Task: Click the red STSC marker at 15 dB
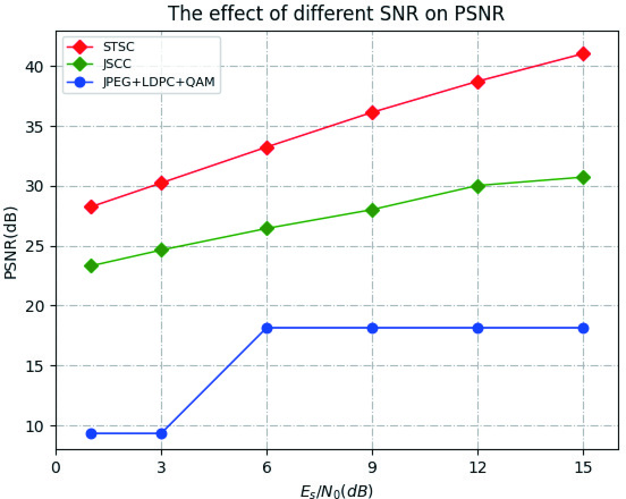(583, 54)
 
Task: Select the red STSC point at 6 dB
(267, 148)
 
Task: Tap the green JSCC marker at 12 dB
(478, 186)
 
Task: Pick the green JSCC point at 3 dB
(161, 250)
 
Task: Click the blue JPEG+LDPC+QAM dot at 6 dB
(267, 328)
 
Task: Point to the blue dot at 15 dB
(583, 328)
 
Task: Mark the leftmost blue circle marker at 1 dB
(91, 434)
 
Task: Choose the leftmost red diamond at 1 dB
(91, 207)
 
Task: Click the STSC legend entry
(118, 47)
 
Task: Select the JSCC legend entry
(117, 64)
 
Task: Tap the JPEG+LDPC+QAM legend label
(159, 82)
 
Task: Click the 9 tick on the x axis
(372, 468)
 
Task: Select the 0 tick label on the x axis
(56, 468)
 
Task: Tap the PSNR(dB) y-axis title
(11, 243)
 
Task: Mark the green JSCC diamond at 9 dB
(372, 210)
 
